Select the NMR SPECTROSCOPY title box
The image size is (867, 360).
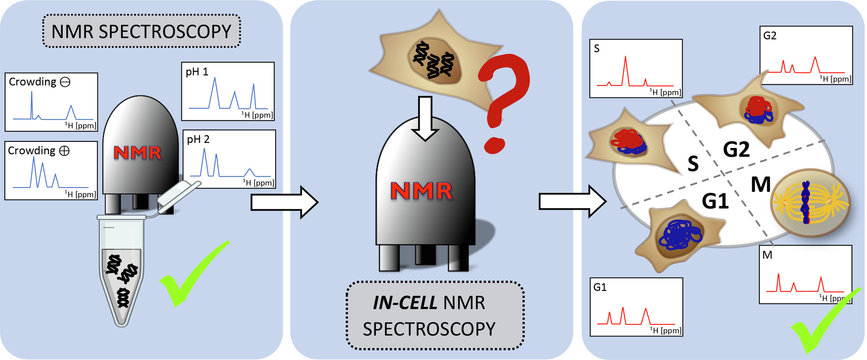point(141,31)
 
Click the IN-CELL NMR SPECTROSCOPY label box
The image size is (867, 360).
point(435,315)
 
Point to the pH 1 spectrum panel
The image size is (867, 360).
point(228,91)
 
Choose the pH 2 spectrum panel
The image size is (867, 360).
point(229,159)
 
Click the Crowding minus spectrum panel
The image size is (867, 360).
point(51,102)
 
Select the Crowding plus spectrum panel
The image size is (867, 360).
point(51,171)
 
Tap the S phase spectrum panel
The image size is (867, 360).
point(636,69)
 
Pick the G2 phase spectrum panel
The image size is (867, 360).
point(806,55)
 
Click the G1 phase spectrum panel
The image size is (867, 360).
point(636,307)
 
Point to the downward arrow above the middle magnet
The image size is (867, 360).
point(425,118)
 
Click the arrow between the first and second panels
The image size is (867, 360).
point(284,202)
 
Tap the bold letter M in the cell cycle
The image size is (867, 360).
point(761,185)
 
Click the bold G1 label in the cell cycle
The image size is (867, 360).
point(715,201)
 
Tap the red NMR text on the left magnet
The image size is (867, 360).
point(137,153)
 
